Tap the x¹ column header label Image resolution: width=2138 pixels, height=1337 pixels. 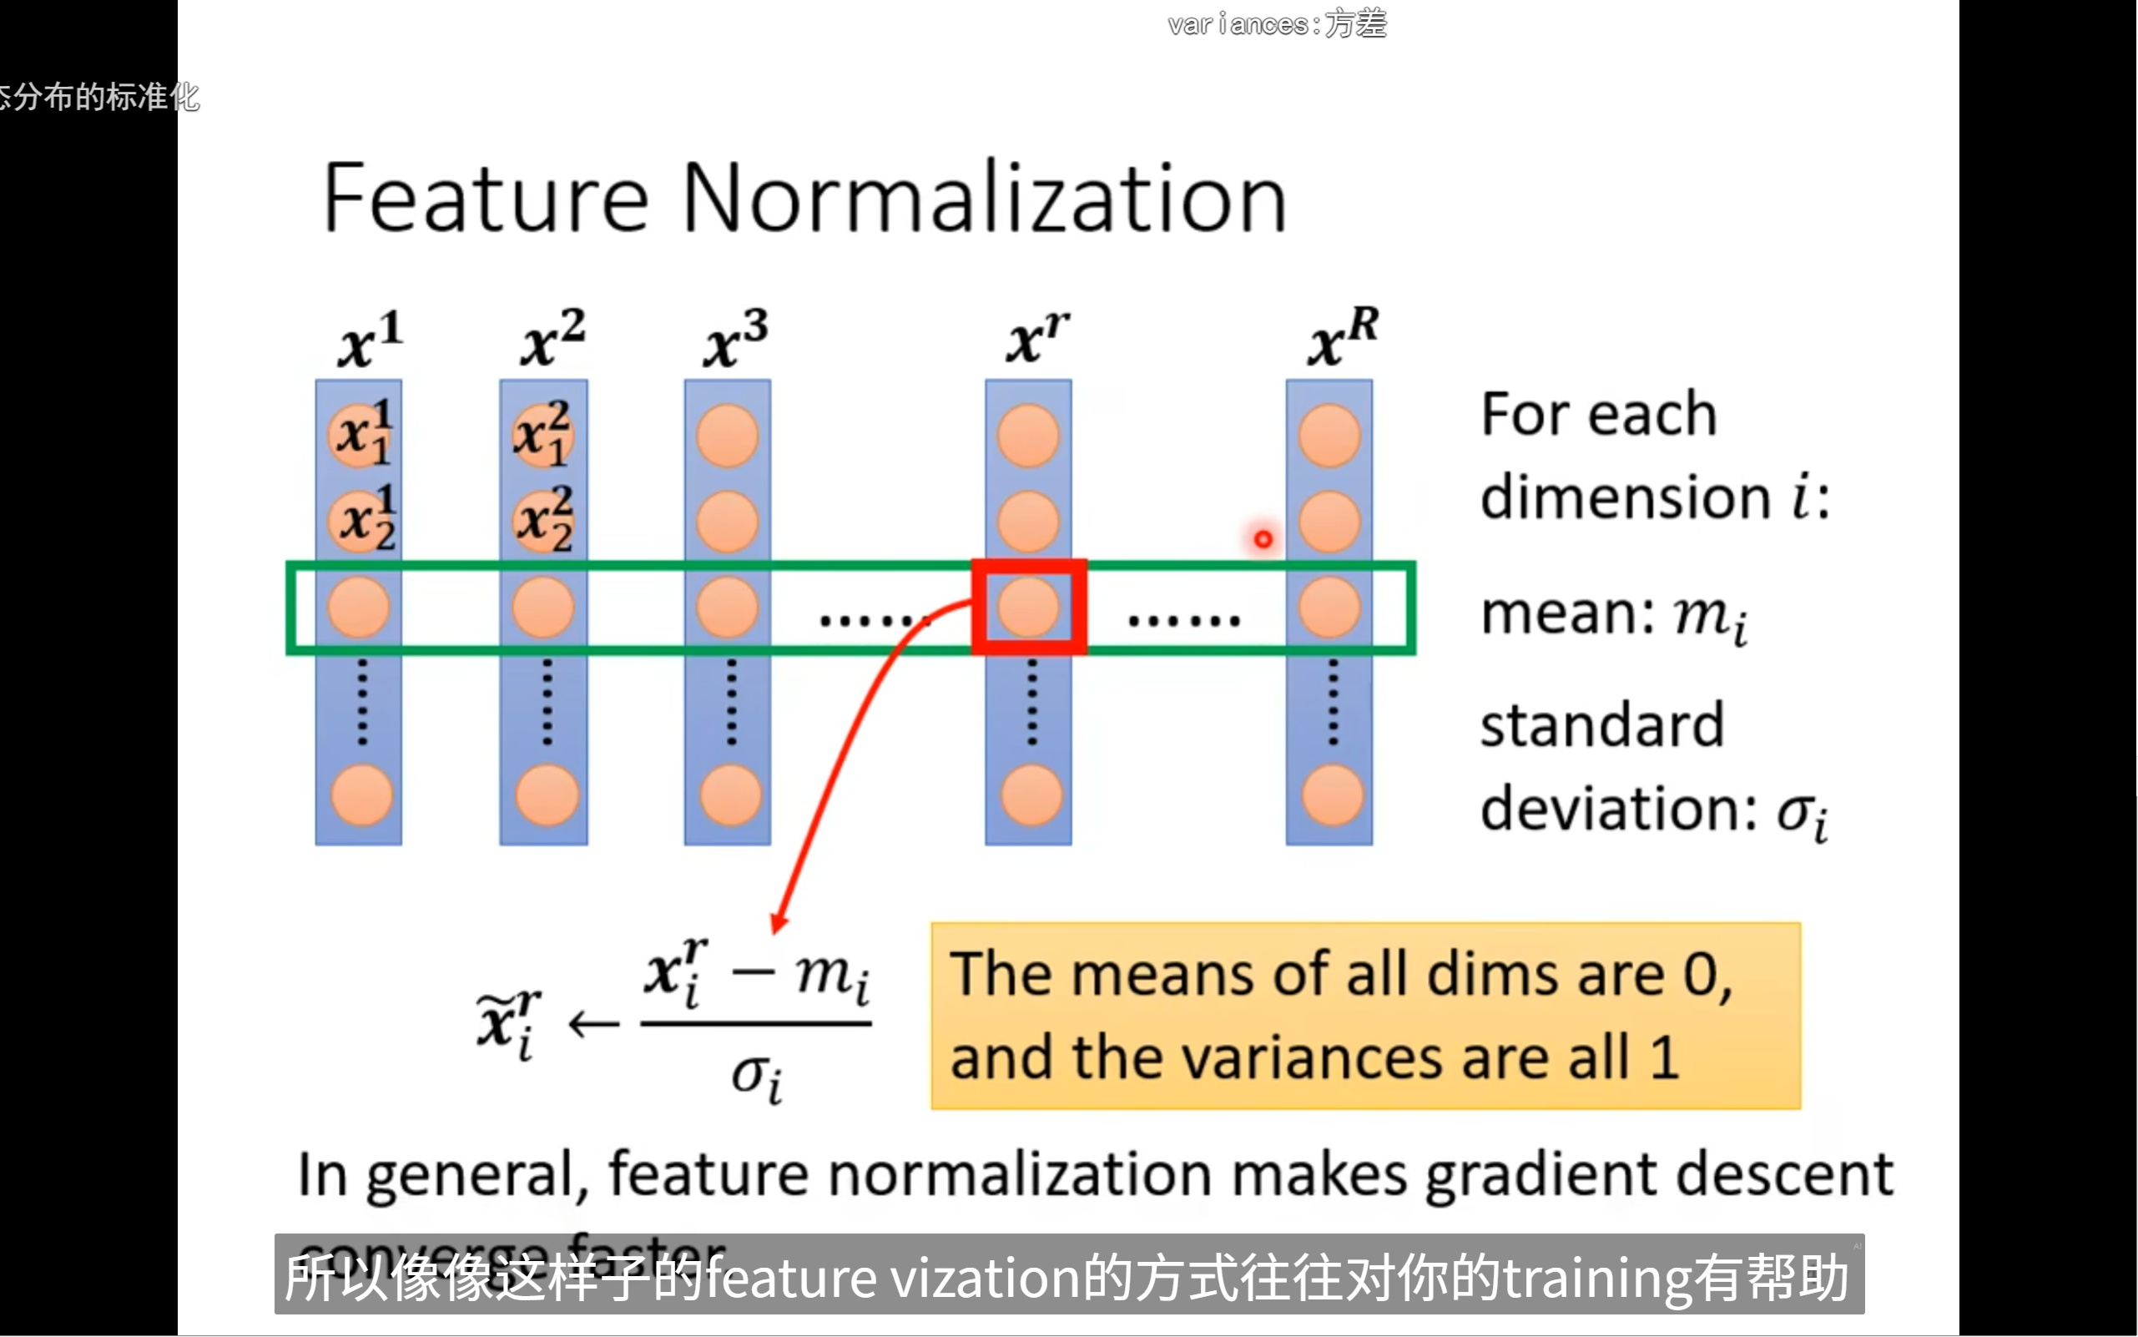point(370,340)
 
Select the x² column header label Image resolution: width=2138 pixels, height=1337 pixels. point(552,340)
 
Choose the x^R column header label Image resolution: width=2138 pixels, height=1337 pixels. point(1342,338)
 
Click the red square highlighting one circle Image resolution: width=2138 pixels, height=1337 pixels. point(1029,607)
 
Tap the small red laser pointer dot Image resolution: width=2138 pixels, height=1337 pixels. point(1263,538)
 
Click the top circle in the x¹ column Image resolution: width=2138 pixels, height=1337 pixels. point(360,435)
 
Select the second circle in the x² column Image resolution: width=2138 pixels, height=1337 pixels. point(544,521)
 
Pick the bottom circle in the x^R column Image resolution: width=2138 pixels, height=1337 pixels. point(1332,796)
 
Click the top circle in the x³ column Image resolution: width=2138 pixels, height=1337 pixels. point(728,436)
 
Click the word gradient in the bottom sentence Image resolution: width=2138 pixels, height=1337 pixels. point(1543,1175)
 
